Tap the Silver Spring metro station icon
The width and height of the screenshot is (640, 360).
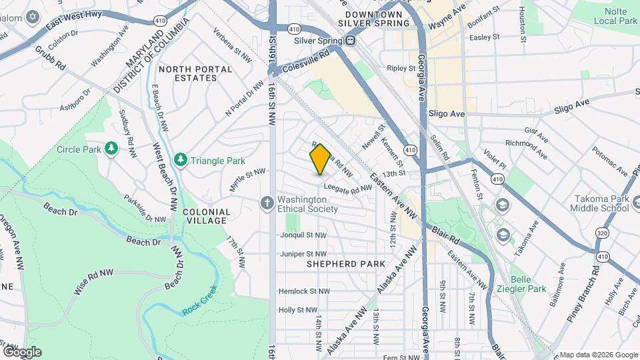tap(349, 41)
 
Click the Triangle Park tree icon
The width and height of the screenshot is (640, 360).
tap(180, 160)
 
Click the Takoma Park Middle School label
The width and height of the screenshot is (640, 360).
tap(599, 203)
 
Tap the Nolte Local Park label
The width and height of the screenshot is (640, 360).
tap(613, 16)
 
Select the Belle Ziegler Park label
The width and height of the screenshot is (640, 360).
tap(529, 284)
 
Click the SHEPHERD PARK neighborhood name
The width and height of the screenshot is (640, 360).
tap(345, 264)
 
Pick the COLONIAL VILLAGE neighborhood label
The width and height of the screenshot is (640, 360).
tap(206, 217)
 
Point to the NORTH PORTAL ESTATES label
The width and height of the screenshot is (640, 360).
tap(195, 73)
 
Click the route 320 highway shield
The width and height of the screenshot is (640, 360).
tap(602, 233)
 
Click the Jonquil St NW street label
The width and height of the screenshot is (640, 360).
tap(303, 235)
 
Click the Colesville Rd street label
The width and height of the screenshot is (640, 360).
tap(306, 54)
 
